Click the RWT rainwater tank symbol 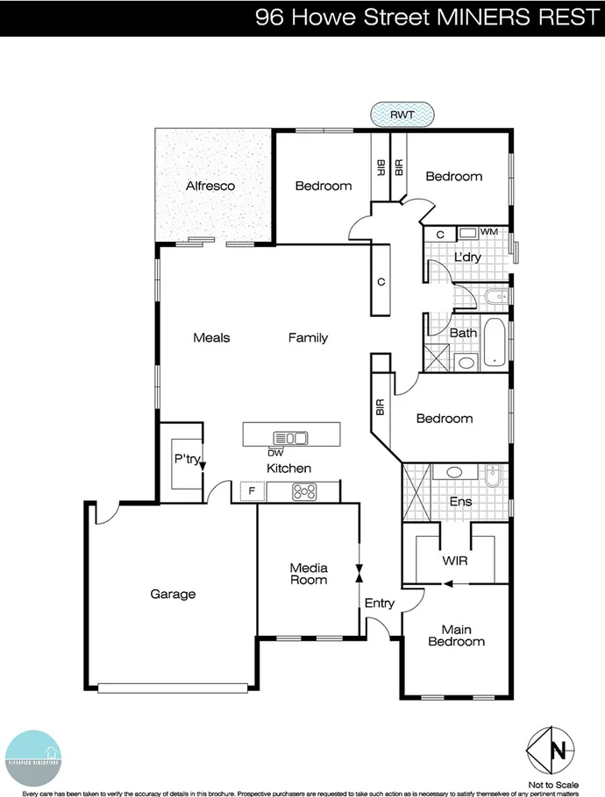pyautogui.click(x=402, y=113)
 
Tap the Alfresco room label pyautogui.click(x=210, y=186)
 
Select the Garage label pyautogui.click(x=172, y=594)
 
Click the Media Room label pyautogui.click(x=309, y=574)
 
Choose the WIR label pyautogui.click(x=455, y=559)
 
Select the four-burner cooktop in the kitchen pyautogui.click(x=303, y=492)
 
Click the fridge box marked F pyautogui.click(x=252, y=491)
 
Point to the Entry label pyautogui.click(x=380, y=603)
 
